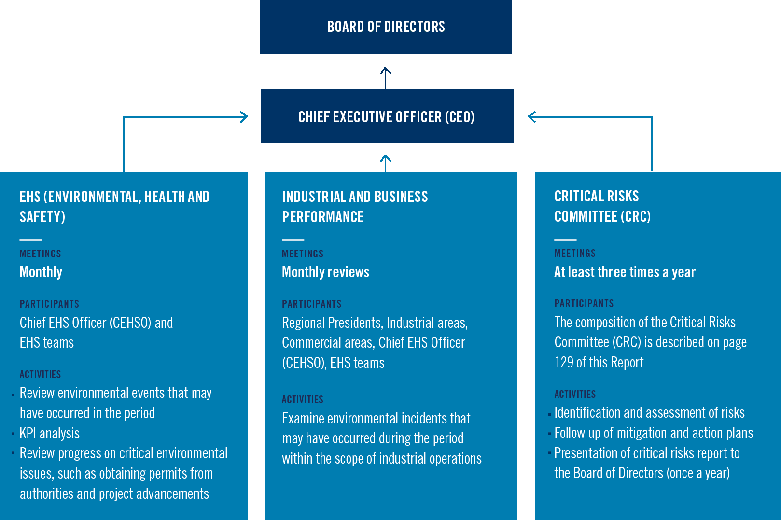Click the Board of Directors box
(x=386, y=27)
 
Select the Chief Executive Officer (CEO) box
(x=387, y=116)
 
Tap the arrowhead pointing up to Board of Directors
(x=385, y=71)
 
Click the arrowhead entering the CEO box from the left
(x=244, y=116)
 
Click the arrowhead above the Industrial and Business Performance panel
(x=385, y=159)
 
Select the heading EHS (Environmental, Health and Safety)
(x=114, y=206)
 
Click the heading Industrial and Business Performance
(x=355, y=206)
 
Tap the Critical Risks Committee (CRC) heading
(x=602, y=206)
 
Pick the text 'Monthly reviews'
(x=325, y=272)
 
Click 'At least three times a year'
(x=625, y=272)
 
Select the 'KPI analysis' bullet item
(x=49, y=433)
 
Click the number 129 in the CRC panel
(x=564, y=362)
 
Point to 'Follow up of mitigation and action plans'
(x=654, y=433)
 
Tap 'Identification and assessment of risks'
(x=649, y=412)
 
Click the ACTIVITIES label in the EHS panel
(x=40, y=374)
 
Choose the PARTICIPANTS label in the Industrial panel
(x=311, y=304)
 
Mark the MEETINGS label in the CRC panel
(x=575, y=253)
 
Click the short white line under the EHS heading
(x=30, y=240)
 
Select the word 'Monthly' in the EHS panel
(x=41, y=272)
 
